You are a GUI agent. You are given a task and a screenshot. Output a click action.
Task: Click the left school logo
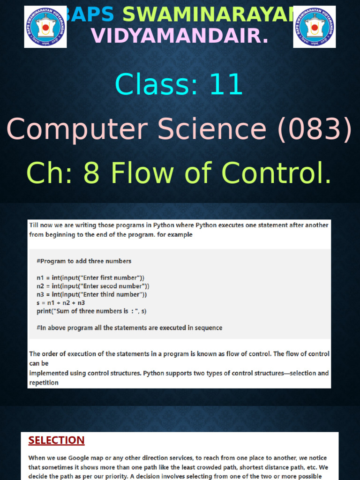click(45, 27)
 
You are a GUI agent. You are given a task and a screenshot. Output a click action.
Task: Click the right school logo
click(315, 27)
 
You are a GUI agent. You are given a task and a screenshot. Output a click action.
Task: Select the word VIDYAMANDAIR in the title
click(180, 36)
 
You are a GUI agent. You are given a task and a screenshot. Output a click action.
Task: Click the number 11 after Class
click(226, 85)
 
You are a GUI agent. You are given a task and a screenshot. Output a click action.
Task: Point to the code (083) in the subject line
click(314, 129)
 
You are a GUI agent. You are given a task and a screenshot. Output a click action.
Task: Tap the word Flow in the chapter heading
click(143, 173)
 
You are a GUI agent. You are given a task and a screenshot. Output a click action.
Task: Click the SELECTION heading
click(56, 440)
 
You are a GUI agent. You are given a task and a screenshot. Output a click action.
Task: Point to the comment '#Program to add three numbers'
click(84, 261)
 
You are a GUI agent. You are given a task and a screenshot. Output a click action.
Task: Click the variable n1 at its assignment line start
click(40, 277)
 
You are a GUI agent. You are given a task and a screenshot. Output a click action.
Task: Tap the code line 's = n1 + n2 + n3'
click(60, 303)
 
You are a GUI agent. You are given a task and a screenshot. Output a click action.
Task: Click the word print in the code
click(45, 311)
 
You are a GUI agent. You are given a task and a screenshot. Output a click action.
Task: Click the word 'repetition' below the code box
click(44, 382)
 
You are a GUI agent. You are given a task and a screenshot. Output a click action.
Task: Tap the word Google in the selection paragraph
click(81, 458)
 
